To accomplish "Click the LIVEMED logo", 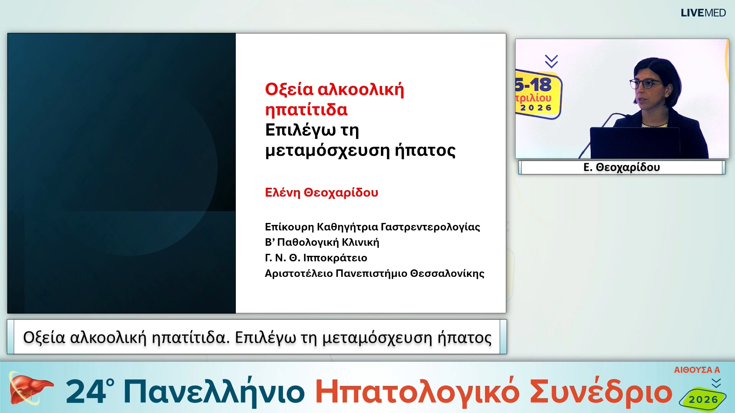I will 703,13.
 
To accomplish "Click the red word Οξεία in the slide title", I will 289,89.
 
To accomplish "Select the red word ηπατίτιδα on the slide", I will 306,110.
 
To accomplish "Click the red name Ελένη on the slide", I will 283,192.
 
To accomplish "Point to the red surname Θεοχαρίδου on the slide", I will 341,192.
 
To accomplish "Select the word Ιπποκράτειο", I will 335,258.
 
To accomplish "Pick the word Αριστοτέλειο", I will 299,273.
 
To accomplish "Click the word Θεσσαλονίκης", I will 447,273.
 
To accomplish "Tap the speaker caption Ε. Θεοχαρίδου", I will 621,167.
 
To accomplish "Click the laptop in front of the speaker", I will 635,142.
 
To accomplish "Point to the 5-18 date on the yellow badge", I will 534,85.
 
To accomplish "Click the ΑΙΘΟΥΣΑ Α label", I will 697,370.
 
